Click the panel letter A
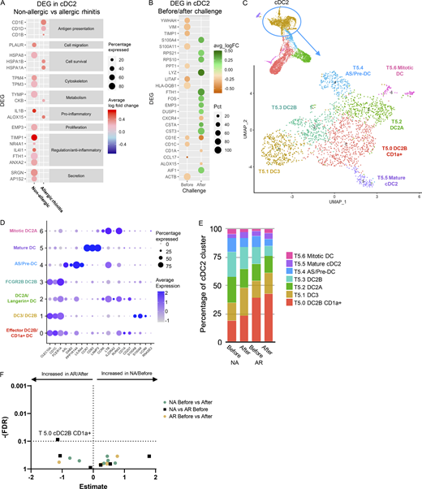4,5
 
